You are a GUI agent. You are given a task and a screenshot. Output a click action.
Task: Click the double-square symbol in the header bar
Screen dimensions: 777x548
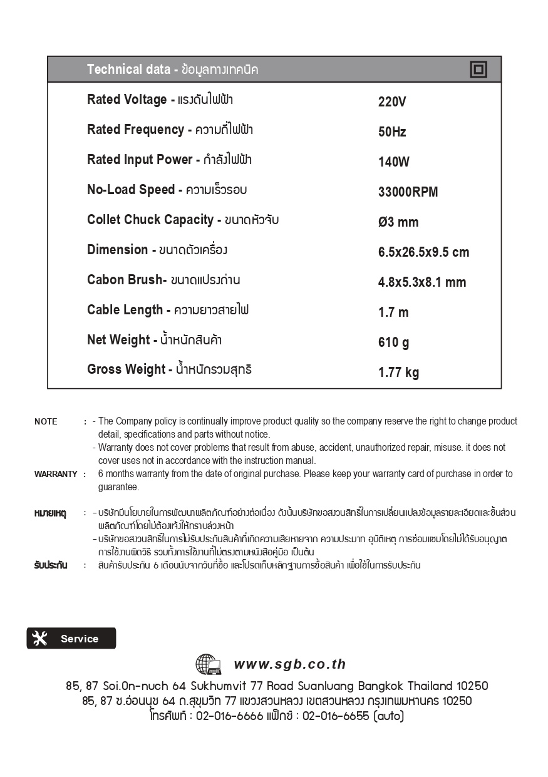(x=478, y=69)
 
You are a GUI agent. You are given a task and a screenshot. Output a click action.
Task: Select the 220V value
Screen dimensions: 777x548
(x=392, y=102)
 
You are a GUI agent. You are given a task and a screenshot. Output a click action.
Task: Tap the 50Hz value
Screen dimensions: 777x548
(x=392, y=132)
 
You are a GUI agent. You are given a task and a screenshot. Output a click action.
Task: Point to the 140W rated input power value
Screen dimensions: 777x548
(x=394, y=162)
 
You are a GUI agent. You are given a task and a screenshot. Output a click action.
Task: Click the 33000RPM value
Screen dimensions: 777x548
(x=408, y=192)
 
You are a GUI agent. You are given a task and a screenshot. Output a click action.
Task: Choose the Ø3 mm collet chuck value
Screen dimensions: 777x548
(x=398, y=222)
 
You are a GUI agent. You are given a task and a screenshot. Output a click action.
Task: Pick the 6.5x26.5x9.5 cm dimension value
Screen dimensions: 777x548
(x=423, y=252)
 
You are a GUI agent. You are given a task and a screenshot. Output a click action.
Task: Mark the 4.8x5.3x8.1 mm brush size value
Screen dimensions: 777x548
(x=422, y=282)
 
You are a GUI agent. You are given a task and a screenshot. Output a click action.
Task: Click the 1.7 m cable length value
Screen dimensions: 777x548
(x=393, y=312)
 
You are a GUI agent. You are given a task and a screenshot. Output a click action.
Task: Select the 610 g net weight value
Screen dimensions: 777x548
(x=394, y=342)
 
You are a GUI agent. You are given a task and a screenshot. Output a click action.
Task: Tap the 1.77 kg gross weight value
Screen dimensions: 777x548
(x=398, y=373)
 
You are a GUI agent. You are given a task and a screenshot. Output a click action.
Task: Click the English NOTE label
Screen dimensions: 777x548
(x=46, y=421)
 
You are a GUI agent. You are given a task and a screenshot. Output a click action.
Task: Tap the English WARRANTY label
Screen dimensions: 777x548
(x=56, y=474)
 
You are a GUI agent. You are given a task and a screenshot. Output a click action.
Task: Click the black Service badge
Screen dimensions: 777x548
(x=71, y=639)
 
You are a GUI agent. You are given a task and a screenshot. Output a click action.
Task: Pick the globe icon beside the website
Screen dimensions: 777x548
(x=208, y=664)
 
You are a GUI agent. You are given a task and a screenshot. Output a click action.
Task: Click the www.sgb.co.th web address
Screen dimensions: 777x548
(x=290, y=664)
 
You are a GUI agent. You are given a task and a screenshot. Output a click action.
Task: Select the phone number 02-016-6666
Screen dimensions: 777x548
(x=229, y=716)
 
